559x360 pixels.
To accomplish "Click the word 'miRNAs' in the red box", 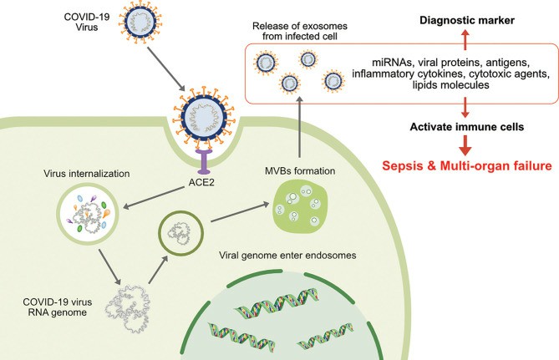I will (393, 61).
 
